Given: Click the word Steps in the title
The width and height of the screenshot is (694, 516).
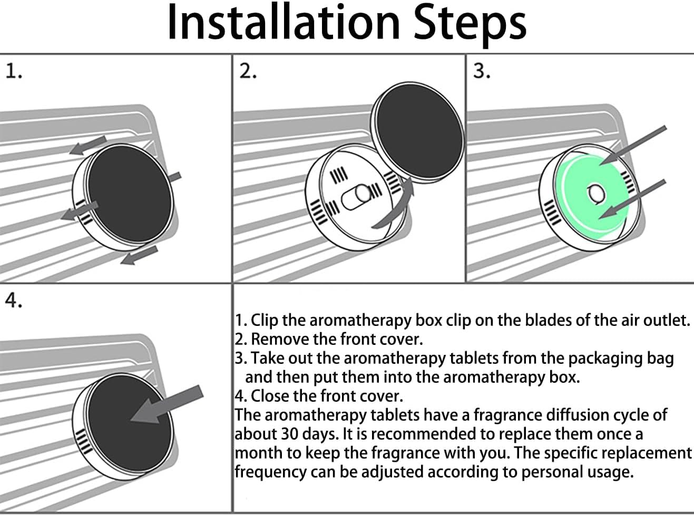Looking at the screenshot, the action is (x=470, y=24).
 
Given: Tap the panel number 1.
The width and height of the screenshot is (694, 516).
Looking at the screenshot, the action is (x=13, y=71).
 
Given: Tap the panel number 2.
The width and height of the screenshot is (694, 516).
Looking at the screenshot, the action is (x=247, y=71).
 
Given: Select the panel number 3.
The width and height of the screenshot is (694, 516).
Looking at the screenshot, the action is (x=481, y=71).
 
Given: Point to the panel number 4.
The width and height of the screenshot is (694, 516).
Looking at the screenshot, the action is (x=13, y=301).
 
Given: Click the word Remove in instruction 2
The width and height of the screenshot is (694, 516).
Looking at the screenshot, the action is (x=280, y=339).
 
